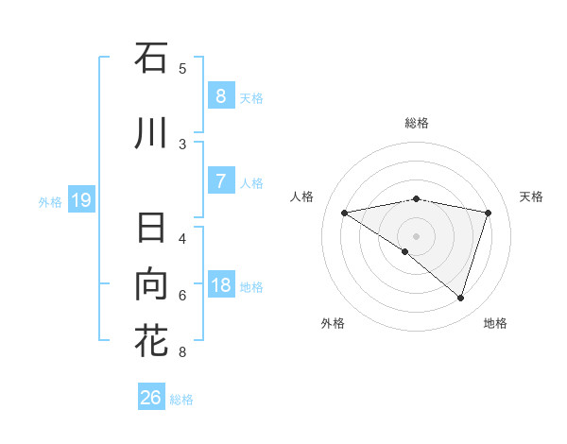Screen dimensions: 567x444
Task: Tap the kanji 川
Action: pyautogui.click(x=151, y=133)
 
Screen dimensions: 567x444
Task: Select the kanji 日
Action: pyautogui.click(x=151, y=231)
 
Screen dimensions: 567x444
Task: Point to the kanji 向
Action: pyautogui.click(x=151, y=284)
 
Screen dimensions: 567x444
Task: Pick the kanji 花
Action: pyautogui.click(x=151, y=340)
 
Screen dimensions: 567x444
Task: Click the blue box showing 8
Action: pyautogui.click(x=220, y=96)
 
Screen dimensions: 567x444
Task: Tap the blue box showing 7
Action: pyautogui.click(x=220, y=181)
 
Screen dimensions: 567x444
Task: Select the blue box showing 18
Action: pyautogui.click(x=220, y=285)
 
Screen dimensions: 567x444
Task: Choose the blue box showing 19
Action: pyautogui.click(x=80, y=200)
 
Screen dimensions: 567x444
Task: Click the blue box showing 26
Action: pyautogui.click(x=150, y=398)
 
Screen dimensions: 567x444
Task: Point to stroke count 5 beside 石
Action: pyautogui.click(x=182, y=68)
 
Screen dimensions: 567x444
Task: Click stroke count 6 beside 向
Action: pyautogui.click(x=182, y=295)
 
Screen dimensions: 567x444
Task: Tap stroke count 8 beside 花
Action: pyautogui.click(x=182, y=352)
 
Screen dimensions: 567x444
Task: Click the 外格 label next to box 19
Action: pyautogui.click(x=50, y=201)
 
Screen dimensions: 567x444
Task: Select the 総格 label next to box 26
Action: pyautogui.click(x=181, y=400)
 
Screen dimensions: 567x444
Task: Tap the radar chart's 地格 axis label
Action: pyautogui.click(x=495, y=323)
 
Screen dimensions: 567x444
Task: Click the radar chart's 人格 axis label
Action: pyautogui.click(x=301, y=196)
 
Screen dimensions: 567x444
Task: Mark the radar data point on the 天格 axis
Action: pyautogui.click(x=488, y=213)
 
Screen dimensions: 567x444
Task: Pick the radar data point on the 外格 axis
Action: pyautogui.click(x=405, y=251)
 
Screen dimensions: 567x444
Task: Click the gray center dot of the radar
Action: pyautogui.click(x=416, y=234)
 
